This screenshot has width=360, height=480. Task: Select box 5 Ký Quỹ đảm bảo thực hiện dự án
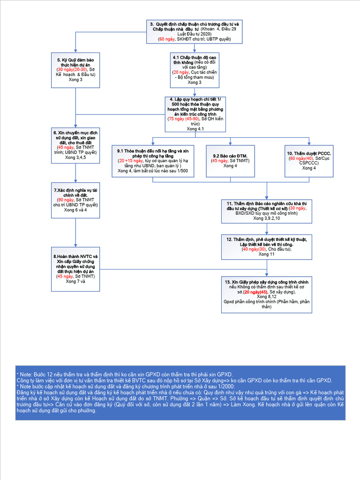(75, 70)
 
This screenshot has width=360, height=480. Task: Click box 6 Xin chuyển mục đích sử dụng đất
(75, 146)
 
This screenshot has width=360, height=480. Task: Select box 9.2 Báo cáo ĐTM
(230, 161)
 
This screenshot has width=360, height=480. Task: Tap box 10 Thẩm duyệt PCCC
(309, 161)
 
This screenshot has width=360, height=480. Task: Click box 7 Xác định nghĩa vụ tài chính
(75, 200)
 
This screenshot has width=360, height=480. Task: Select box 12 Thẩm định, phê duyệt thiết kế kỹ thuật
(267, 247)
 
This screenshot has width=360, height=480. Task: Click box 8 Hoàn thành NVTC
(75, 270)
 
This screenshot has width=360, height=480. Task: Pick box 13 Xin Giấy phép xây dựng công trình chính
(267, 294)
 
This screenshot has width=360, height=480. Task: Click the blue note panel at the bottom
(180, 392)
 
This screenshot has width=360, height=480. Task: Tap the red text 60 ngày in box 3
(166, 39)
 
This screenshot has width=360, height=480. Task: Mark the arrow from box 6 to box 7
(75, 173)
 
